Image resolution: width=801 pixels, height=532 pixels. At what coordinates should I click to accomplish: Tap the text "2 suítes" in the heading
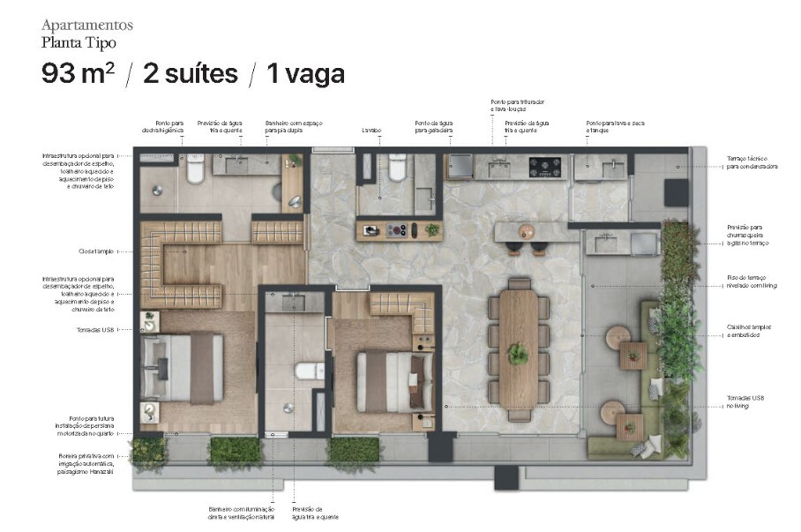pyautogui.click(x=190, y=73)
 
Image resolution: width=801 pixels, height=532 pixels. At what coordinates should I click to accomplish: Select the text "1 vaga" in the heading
pyautogui.click(x=305, y=73)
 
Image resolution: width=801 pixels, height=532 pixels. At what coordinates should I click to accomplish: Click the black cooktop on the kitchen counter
pyautogui.click(x=544, y=166)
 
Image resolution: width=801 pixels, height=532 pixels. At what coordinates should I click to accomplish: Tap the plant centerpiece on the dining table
pyautogui.click(x=518, y=354)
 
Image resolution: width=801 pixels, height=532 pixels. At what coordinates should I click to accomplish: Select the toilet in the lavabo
pyautogui.click(x=397, y=167)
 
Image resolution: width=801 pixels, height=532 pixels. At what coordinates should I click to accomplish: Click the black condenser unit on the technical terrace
pyautogui.click(x=677, y=191)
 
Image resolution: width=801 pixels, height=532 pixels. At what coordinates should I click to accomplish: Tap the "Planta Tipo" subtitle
pyautogui.click(x=79, y=41)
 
